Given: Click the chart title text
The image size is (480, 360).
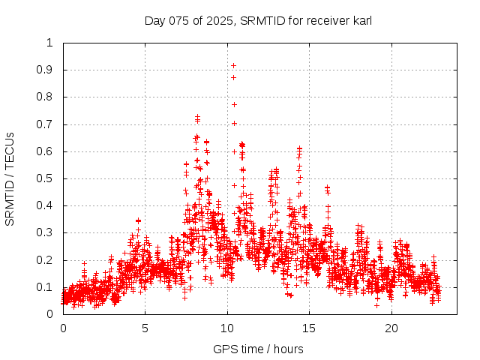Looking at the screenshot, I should coord(258,20).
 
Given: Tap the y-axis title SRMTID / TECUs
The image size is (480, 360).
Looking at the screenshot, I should coord(10,178).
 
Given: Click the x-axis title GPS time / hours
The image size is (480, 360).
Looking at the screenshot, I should coord(258,349).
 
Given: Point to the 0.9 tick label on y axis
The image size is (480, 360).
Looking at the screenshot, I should coord(46,70).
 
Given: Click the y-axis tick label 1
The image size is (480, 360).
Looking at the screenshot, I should coord(49,43).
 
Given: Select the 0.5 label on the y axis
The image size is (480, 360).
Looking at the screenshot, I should coord(46,178).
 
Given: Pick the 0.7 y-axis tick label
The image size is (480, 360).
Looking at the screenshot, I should coord(46,124).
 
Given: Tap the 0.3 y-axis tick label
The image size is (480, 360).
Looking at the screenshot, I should coord(46,233).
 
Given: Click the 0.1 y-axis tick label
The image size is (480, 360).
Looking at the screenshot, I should coord(46,287).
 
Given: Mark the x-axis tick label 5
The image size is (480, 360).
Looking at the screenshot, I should coord(145,328).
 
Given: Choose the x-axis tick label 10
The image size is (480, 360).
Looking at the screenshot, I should coord(227,328).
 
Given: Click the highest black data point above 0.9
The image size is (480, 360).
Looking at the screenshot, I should coord(233,65).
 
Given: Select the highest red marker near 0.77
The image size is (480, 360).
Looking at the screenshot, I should coord(234,104).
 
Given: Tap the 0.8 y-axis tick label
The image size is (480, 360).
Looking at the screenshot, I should coord(46,97).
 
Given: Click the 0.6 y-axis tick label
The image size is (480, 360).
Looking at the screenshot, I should coord(46,151).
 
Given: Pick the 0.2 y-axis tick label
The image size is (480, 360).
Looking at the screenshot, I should coord(46,260).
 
